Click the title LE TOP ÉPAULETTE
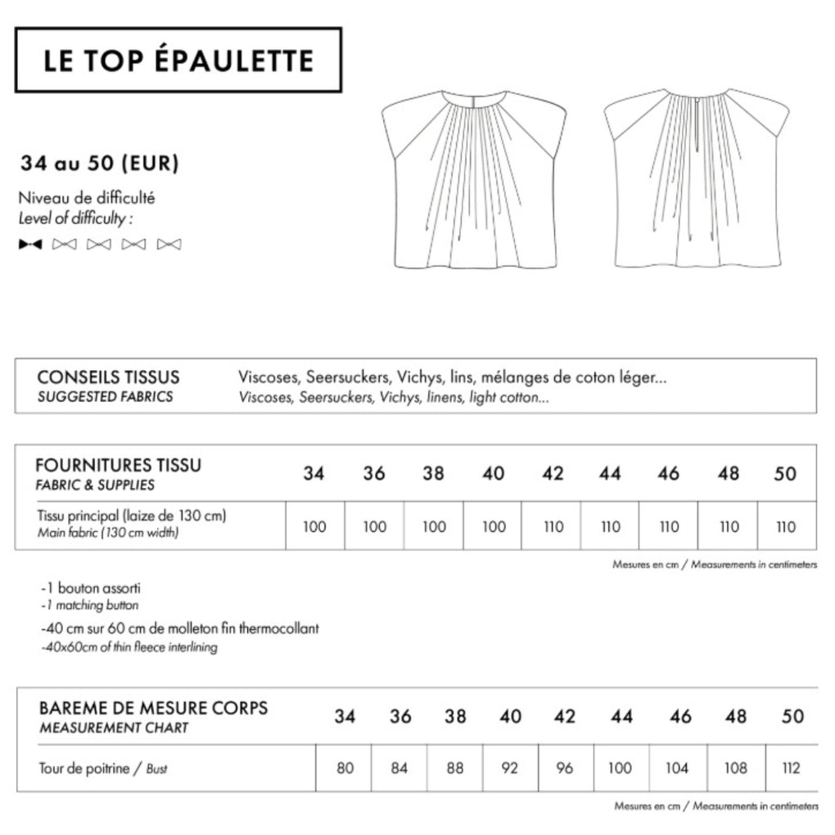(178, 61)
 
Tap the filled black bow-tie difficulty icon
(30, 244)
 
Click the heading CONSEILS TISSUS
(108, 378)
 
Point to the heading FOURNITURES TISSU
(118, 465)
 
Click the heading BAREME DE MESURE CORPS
(153, 707)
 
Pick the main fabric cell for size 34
(314, 526)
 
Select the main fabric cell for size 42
(553, 526)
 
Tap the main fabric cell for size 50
(785, 526)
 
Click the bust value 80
(345, 768)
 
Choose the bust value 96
(564, 768)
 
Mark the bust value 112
(791, 768)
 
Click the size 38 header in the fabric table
(433, 474)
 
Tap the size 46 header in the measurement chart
(679, 717)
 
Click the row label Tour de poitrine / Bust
(102, 769)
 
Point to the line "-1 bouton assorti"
(84, 588)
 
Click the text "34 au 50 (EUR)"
(100, 164)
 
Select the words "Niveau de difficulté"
(87, 197)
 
